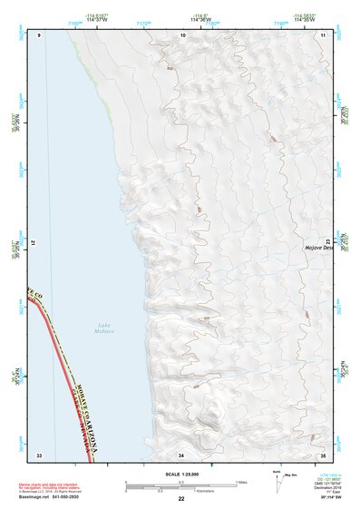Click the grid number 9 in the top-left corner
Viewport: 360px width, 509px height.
40,35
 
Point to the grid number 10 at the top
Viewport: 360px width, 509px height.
183,35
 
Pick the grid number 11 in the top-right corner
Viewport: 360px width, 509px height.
322,35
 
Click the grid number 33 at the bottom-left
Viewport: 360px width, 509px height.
39,454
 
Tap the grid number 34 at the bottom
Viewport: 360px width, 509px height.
181,454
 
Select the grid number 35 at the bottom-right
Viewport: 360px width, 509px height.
322,454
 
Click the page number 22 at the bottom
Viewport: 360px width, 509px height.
181,499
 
